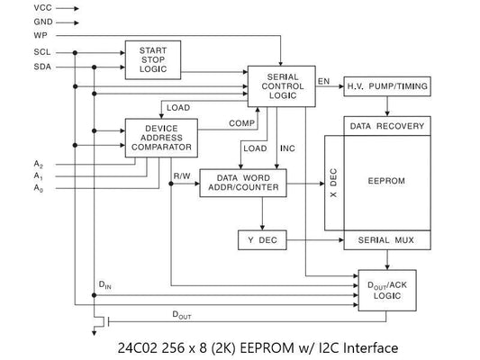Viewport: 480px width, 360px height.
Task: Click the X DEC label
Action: click(332, 183)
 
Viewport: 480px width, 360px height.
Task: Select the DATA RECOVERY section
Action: click(386, 126)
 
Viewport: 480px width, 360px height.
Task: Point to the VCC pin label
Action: click(18, 7)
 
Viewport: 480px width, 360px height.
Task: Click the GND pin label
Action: click(18, 21)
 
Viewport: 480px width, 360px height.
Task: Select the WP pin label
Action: click(15, 34)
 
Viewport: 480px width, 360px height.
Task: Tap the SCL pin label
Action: click(17, 53)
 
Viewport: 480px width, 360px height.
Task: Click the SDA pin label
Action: click(17, 67)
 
